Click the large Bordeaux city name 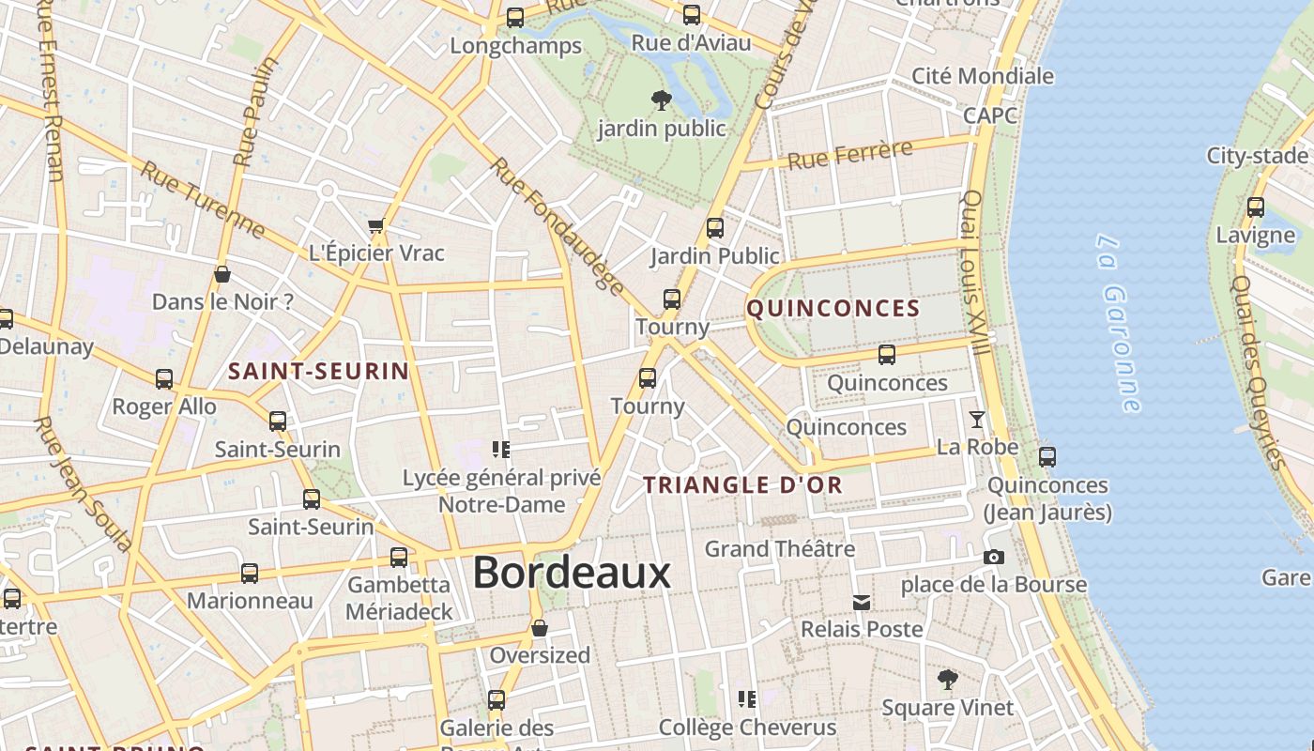(x=572, y=572)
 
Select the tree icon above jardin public (x=662, y=100)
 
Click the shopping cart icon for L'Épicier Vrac (x=376, y=225)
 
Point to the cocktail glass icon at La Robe (x=977, y=420)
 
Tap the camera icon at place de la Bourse (x=994, y=557)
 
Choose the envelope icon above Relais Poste (x=862, y=602)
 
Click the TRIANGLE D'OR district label (x=742, y=485)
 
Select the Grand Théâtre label (x=780, y=548)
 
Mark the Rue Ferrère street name (x=849, y=155)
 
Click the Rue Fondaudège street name (x=557, y=226)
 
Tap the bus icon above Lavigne (x=1256, y=207)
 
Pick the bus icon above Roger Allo (x=164, y=379)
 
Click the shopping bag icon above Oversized (x=540, y=628)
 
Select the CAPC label (x=990, y=115)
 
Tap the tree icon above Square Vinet (x=948, y=679)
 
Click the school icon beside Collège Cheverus (x=747, y=698)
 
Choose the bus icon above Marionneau (x=250, y=573)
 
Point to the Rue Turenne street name (x=203, y=199)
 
